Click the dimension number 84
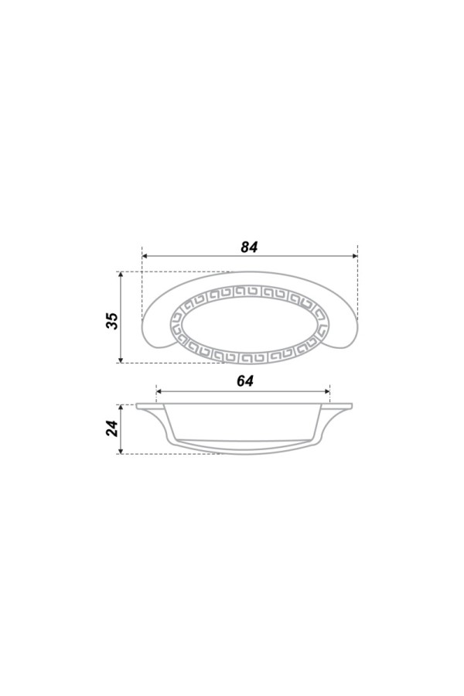click(249, 247)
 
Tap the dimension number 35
click(112, 320)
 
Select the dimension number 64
click(245, 380)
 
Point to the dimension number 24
click(112, 428)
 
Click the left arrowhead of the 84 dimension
click(145, 256)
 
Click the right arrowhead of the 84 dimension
click(355, 256)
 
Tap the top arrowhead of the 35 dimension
click(121, 275)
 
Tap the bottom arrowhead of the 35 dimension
click(121, 360)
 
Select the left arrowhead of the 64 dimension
click(159, 391)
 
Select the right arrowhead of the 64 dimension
click(327, 391)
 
